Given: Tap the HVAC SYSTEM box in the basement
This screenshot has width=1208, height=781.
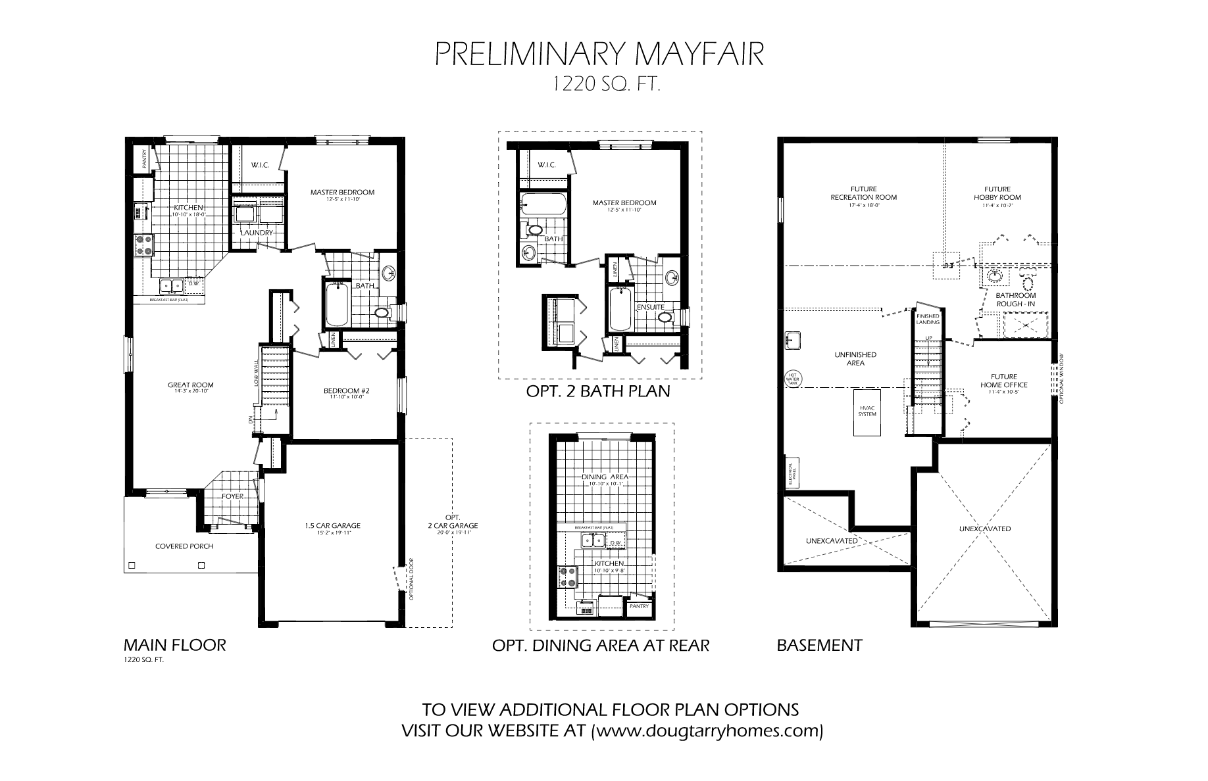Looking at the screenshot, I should click(x=868, y=411).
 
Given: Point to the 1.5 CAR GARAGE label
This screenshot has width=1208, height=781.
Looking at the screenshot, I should click(x=332, y=525).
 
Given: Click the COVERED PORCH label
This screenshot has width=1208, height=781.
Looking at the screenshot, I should click(x=184, y=546).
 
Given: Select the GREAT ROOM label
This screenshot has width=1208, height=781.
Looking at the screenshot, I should click(x=190, y=385).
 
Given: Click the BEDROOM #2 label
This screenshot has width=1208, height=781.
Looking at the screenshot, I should click(x=347, y=391).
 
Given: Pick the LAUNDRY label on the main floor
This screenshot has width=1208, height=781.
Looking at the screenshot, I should click(x=257, y=233).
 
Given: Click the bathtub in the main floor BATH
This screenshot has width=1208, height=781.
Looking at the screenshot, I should click(x=337, y=303).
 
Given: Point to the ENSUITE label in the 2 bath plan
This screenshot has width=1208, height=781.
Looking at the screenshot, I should click(x=650, y=307).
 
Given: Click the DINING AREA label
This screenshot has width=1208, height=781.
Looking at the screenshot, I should click(x=605, y=477).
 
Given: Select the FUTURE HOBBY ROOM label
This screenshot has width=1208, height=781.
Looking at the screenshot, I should click(x=997, y=193).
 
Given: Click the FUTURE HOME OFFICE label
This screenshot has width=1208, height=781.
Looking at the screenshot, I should click(x=1003, y=381).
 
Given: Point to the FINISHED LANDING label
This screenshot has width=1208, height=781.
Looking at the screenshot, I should click(x=928, y=319).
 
